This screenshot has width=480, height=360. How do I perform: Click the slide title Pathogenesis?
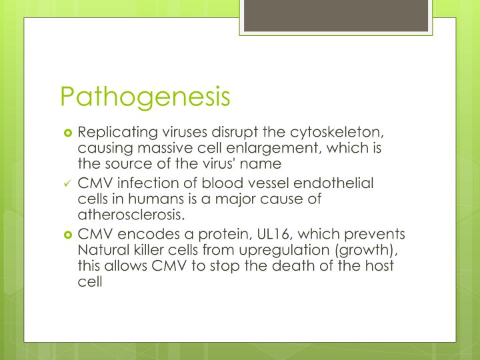click(145, 95)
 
